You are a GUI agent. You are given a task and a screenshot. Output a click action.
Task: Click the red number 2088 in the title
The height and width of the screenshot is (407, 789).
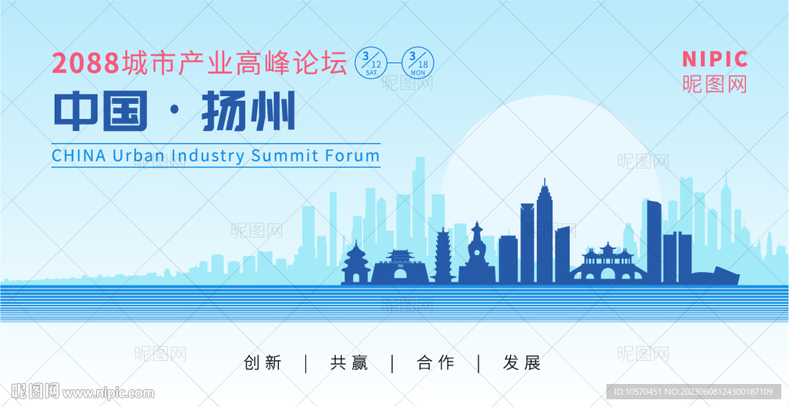[86, 63]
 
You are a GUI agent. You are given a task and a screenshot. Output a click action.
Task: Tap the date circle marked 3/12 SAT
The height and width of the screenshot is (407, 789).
[371, 63]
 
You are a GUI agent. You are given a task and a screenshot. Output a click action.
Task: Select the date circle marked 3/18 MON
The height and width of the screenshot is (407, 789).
[418, 63]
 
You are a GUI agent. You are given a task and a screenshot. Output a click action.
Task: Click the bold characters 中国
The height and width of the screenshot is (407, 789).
[101, 111]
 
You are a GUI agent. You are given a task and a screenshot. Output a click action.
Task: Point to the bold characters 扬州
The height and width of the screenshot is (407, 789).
[248, 111]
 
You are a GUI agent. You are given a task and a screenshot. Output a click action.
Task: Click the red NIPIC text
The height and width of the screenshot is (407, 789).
[715, 59]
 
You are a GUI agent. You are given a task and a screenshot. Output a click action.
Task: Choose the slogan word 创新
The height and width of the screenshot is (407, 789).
[263, 363]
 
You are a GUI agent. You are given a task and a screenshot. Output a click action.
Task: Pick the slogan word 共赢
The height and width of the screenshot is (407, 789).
[349, 363]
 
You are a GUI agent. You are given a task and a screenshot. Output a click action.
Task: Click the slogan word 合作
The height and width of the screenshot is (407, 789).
[436, 363]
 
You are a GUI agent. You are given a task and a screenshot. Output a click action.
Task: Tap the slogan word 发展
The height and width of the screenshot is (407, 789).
[522, 363]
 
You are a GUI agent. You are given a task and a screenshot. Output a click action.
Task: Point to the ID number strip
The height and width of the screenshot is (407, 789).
[693, 392]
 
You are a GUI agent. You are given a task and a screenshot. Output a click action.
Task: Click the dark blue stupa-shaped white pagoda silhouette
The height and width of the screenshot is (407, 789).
[476, 256]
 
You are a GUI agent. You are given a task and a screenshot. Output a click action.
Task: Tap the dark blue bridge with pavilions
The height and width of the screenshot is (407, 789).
[608, 266]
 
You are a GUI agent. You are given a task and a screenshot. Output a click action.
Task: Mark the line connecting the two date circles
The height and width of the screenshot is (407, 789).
[394, 63]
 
